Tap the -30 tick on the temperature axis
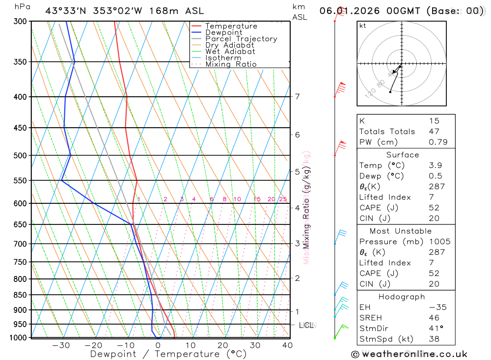tap(61, 345)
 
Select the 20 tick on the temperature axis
tap(223, 345)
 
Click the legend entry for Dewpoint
tap(224, 32)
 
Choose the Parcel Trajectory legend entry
tap(241, 39)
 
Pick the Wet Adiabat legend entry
tap(230, 52)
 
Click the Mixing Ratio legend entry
tap(231, 64)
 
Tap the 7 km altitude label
tap(297, 96)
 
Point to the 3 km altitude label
tap(297, 244)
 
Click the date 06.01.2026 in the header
tap(346, 11)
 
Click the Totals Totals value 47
tap(434, 132)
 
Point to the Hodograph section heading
tap(402, 297)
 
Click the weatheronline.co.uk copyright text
tap(409, 354)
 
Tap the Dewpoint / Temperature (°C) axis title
tap(168, 354)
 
